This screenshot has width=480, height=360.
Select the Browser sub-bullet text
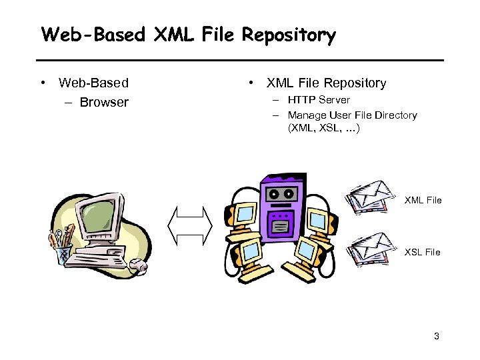pyautogui.click(x=104, y=103)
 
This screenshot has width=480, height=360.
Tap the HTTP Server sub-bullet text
pyautogui.click(x=319, y=100)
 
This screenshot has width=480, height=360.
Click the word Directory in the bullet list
pyautogui.click(x=393, y=115)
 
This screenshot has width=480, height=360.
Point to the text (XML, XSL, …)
pyautogui.click(x=324, y=129)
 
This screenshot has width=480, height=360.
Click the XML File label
pyautogui.click(x=423, y=200)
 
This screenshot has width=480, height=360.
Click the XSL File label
pyautogui.click(x=423, y=252)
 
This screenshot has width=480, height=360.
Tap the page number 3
pyautogui.click(x=436, y=336)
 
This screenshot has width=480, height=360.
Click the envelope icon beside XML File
pyautogui.click(x=373, y=197)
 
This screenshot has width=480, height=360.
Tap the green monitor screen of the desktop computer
pyautogui.click(x=96, y=216)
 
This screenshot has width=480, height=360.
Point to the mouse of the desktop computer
pyautogui.click(x=139, y=267)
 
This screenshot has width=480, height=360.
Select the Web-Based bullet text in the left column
pyautogui.click(x=93, y=83)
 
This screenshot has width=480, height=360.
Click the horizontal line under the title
pyautogui.click(x=240, y=61)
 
